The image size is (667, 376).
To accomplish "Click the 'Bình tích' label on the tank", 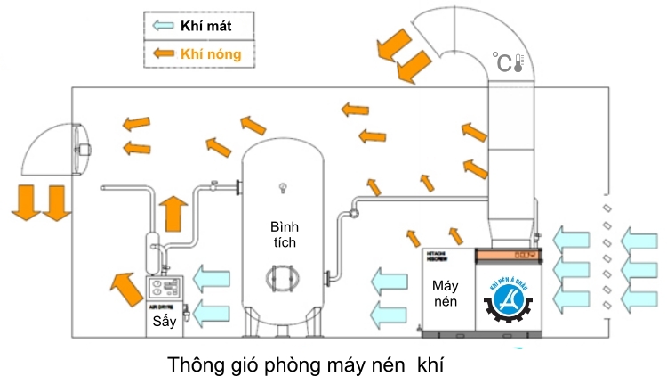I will tap(285, 233).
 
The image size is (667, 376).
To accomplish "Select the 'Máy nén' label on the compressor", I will tap(446, 296).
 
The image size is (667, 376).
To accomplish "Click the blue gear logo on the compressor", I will tap(511, 304).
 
